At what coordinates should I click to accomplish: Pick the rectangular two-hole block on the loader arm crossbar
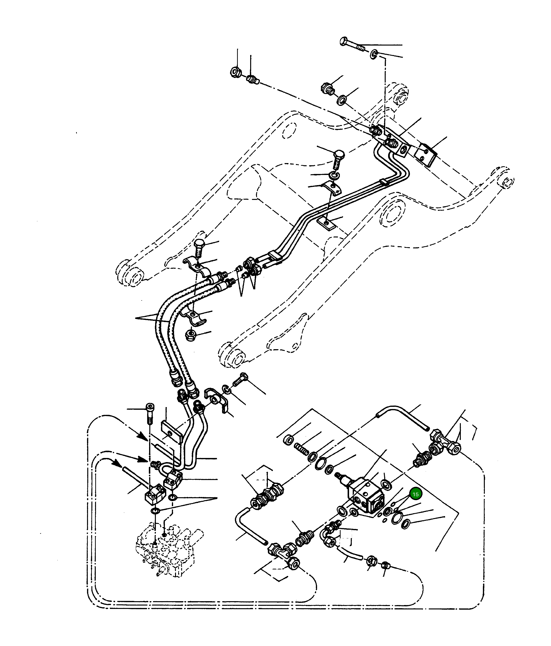click(427, 155)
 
